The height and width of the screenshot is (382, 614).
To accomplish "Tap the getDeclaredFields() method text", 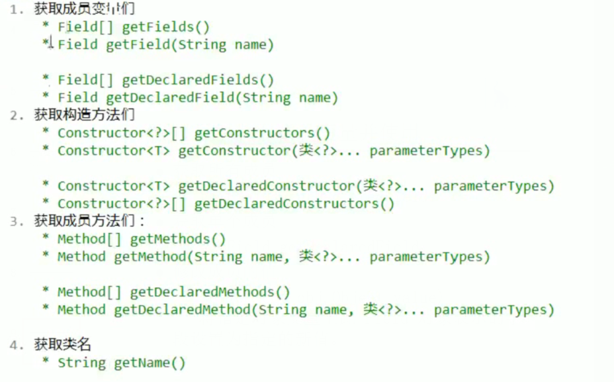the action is point(198,80).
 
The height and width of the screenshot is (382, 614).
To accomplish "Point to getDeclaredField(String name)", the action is point(222,98).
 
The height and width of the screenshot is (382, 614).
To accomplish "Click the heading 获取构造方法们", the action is point(85,115).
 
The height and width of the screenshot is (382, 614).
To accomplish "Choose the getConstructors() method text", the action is point(262,133).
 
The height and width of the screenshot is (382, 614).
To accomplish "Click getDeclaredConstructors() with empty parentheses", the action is point(294,204).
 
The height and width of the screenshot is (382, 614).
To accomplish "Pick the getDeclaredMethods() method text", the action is point(210,292).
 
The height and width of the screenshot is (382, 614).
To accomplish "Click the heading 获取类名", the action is point(63,344).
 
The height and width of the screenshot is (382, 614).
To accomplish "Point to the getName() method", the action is point(150,363).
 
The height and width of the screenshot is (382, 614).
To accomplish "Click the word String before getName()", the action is point(81,363).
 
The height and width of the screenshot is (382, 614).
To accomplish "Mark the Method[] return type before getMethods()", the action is point(89,239).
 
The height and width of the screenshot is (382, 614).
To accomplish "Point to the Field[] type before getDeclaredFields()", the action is point(85,80).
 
